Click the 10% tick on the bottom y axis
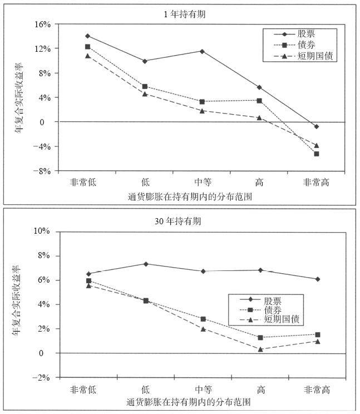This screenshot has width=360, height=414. [42, 231]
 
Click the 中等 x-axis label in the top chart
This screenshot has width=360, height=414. [202, 183]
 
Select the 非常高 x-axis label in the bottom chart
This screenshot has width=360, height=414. [317, 389]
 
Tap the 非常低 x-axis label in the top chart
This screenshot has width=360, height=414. [87, 183]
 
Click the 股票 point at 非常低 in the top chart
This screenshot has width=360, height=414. [87, 36]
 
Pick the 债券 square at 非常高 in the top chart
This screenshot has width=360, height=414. [317, 154]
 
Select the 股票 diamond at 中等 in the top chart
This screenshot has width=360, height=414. [202, 51]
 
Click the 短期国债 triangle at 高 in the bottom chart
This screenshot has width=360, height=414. [260, 349]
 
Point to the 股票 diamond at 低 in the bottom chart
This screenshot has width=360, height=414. [145, 264]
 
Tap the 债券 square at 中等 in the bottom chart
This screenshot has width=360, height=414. [203, 319]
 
